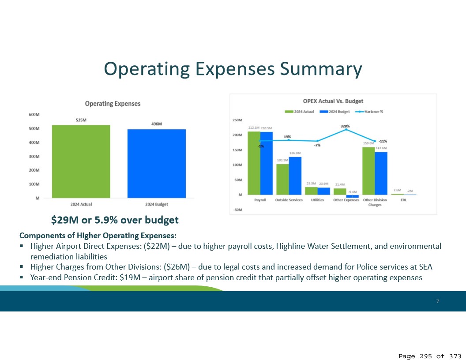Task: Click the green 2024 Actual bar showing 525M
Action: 81,161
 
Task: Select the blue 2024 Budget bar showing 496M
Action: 157,164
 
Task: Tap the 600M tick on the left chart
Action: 34,115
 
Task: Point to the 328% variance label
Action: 345,126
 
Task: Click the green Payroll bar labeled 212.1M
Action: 254,163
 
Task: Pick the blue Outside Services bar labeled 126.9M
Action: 295,176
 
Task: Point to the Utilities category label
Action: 317,200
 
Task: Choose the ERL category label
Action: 403,200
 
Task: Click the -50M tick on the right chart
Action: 237,210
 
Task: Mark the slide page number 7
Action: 437,301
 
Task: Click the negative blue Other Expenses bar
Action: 352,196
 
